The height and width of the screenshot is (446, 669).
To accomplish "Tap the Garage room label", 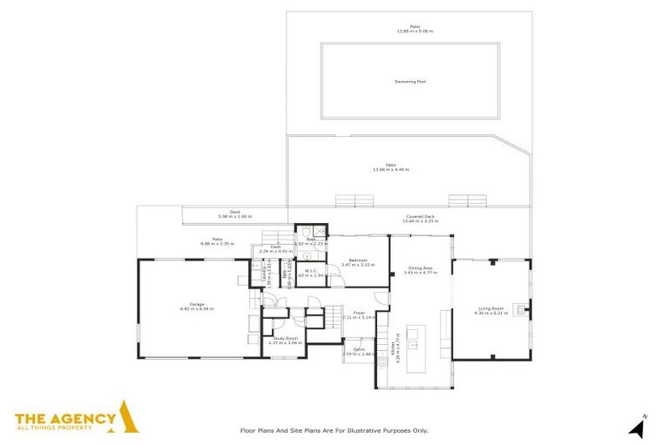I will [x=197, y=304].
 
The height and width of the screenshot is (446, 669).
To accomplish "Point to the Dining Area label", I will [x=420, y=268].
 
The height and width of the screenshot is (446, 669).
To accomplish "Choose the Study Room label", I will [x=286, y=339].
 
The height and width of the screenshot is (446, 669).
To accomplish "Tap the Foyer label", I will [x=359, y=313].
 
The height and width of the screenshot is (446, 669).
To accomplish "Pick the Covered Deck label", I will [x=420, y=217].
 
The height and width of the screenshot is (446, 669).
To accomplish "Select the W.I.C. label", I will [x=310, y=271].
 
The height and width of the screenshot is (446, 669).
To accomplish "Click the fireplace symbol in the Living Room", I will [x=522, y=307].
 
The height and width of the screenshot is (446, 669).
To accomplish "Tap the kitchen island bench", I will [x=415, y=339].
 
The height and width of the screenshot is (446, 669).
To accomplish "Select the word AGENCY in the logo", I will [x=84, y=419].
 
